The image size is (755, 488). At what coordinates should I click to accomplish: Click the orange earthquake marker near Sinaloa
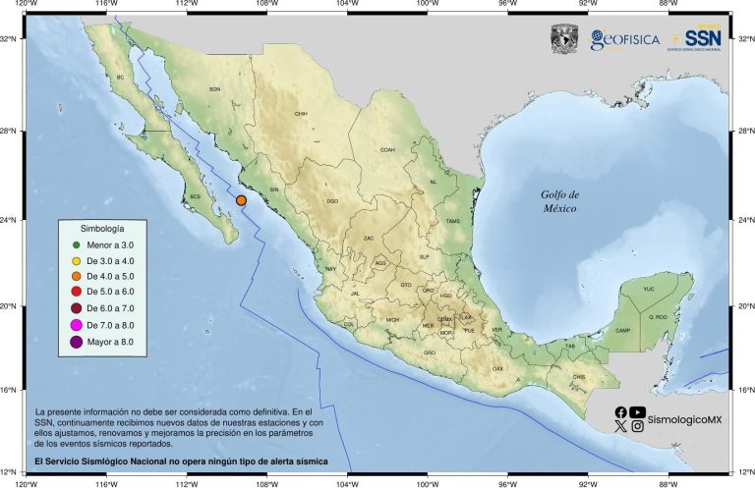(x=241, y=200)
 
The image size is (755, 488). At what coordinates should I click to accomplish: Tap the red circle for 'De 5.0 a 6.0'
(x=76, y=292)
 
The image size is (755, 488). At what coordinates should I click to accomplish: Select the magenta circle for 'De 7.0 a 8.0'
(x=76, y=324)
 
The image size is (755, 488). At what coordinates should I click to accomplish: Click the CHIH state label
(x=301, y=114)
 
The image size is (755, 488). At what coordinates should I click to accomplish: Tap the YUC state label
(x=648, y=290)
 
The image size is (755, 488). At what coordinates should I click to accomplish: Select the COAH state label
(x=387, y=150)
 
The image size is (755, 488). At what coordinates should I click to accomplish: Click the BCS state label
(x=195, y=196)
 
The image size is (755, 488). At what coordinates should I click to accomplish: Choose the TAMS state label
(x=452, y=221)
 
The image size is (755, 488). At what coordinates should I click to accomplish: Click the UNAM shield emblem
(x=564, y=39)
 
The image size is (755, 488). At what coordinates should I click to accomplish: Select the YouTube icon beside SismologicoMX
(x=638, y=412)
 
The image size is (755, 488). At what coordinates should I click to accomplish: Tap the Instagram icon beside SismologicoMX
(x=638, y=426)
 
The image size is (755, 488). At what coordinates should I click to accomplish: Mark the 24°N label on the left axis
(x=9, y=220)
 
